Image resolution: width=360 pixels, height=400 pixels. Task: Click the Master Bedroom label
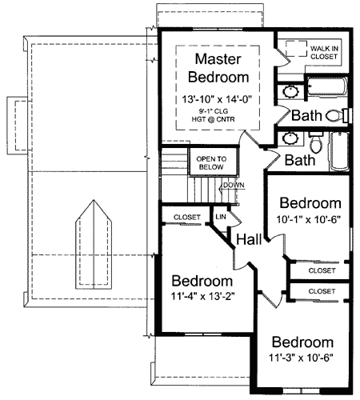pos(214,69)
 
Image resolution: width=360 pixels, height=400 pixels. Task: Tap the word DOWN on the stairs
pos(234,186)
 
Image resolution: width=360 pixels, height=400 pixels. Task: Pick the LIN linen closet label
pos(219,216)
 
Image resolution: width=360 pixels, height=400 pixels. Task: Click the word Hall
pos(248,238)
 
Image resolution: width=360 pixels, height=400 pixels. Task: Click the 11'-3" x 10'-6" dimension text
pos(302,358)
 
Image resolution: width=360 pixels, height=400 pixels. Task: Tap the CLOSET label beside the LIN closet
pos(186,216)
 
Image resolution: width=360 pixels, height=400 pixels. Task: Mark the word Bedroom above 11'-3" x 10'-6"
pos(302,342)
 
